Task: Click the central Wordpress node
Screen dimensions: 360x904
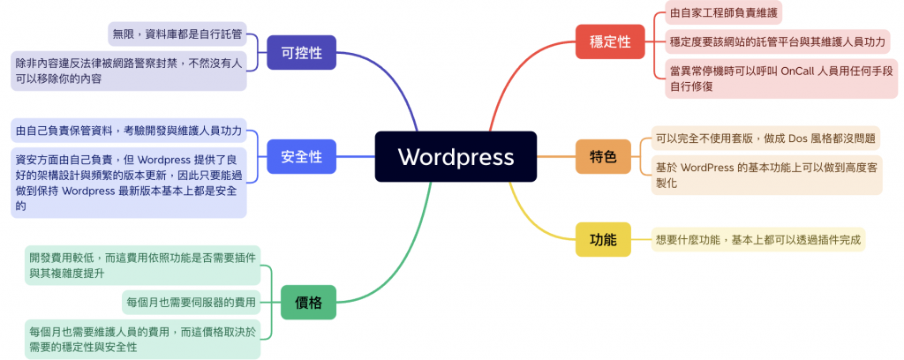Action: click(x=456, y=157)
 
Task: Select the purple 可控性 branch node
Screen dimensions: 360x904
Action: click(x=301, y=52)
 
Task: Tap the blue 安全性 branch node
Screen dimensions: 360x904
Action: click(x=301, y=157)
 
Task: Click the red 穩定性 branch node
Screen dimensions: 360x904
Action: click(x=609, y=41)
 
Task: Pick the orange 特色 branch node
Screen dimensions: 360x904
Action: click(x=603, y=157)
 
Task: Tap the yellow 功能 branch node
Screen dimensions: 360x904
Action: click(x=603, y=238)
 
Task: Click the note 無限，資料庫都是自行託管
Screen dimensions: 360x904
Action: click(x=177, y=34)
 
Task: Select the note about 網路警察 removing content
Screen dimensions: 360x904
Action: click(x=128, y=71)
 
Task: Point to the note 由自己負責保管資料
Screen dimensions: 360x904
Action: click(x=128, y=131)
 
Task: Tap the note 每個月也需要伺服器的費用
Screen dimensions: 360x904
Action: click(x=191, y=303)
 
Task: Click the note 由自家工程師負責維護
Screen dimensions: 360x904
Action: click(x=724, y=13)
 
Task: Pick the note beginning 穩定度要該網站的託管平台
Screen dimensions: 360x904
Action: click(x=777, y=41)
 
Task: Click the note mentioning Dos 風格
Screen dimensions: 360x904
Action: click(x=765, y=139)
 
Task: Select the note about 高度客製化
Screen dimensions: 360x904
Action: click(x=765, y=175)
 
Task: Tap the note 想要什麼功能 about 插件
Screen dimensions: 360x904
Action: click(x=757, y=238)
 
